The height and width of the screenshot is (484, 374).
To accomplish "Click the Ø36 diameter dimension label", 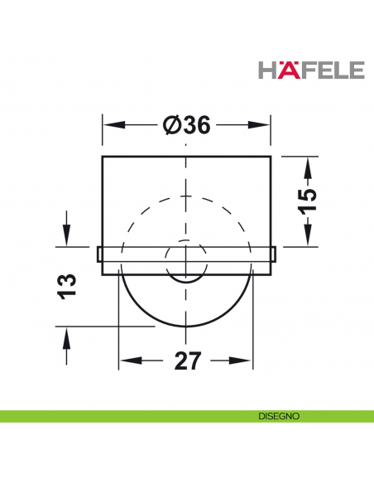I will (x=186, y=125).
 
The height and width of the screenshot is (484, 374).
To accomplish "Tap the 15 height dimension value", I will (x=306, y=201).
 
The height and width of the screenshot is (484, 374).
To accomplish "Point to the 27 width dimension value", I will (x=186, y=361).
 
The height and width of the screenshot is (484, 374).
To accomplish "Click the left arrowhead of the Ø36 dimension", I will (x=109, y=125).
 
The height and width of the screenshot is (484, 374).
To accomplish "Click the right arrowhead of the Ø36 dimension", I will (x=264, y=125).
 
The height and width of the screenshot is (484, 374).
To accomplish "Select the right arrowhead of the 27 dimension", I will (x=246, y=361).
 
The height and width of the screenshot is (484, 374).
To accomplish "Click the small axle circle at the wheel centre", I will (x=186, y=263).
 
